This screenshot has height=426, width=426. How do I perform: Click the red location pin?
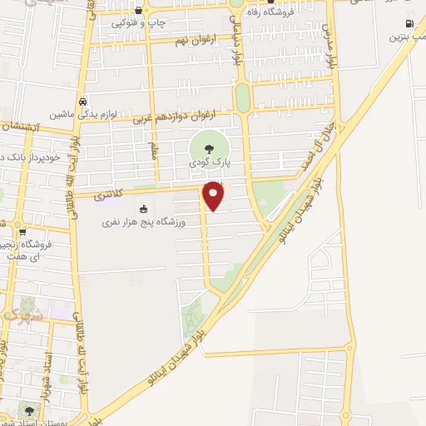click(214, 195)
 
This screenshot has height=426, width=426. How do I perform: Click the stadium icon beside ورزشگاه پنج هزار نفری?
click(143, 209)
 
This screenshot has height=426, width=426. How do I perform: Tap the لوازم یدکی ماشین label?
click(83, 113)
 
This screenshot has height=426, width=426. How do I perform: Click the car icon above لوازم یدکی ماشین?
click(83, 101)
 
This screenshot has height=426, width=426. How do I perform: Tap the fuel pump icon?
click(408, 23)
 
